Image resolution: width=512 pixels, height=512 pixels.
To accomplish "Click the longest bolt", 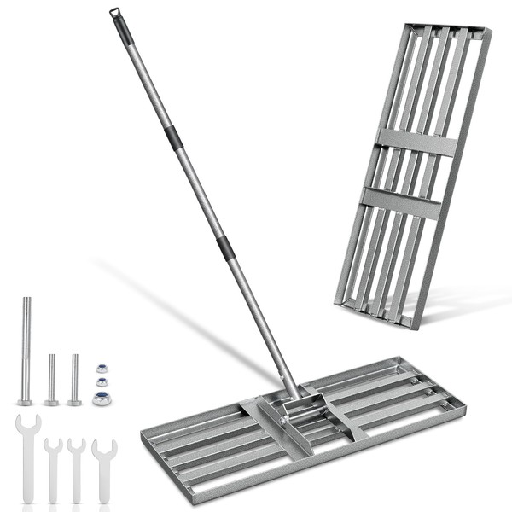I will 26,350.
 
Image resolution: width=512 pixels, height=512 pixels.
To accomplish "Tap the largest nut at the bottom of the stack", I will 102,398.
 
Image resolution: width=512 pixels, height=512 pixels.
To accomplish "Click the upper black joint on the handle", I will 173,137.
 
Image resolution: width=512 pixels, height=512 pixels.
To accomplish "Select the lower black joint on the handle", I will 225,248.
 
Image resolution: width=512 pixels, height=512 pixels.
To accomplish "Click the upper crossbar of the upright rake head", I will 416,142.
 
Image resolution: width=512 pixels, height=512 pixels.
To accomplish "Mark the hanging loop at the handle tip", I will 113,12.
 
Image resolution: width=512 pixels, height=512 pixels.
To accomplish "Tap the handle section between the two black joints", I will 199,192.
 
